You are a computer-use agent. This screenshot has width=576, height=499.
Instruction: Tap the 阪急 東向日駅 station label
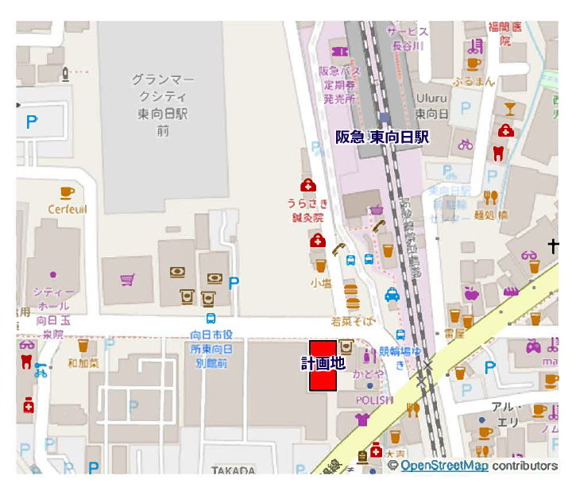pyautogui.click(x=381, y=137)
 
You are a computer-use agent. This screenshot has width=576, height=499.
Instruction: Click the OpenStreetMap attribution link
pyautogui.click(x=444, y=466)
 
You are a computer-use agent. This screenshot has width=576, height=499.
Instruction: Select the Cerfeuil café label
pyautogui.click(x=68, y=209)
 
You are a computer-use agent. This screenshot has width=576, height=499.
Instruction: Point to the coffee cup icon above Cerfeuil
pyautogui.click(x=68, y=192)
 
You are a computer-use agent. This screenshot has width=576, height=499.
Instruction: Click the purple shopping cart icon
pyautogui.click(x=126, y=279)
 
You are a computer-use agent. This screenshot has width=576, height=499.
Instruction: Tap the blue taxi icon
pyautogui.click(x=392, y=295)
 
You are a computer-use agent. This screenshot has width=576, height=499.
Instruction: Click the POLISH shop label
pyautogui.click(x=373, y=400)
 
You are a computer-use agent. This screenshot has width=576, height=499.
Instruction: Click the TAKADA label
pyautogui.click(x=233, y=470)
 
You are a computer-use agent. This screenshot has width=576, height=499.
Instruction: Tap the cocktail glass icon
pyautogui.click(x=509, y=107)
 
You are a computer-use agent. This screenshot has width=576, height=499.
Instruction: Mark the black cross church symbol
pyautogui.click(x=553, y=247)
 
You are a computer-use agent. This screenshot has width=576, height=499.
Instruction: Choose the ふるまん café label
pyautogui.click(x=474, y=81)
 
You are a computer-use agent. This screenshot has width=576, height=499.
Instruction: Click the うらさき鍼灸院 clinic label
pyautogui.click(x=307, y=210)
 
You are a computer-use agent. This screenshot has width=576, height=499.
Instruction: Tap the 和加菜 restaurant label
pyautogui.click(x=83, y=363)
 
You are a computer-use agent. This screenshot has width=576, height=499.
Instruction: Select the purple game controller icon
pyautogui.click(x=533, y=346)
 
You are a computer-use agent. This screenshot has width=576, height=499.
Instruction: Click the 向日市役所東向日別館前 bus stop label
pyautogui.click(x=211, y=349)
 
